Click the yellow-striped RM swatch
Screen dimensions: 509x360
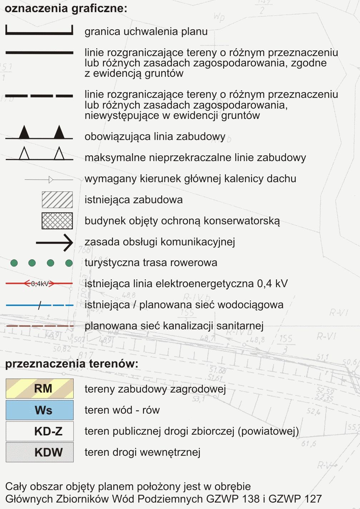click(x=39, y=389)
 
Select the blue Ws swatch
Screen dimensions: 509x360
click(x=39, y=410)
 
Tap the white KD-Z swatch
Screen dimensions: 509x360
click(x=39, y=431)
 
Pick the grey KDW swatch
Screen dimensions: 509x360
click(x=39, y=452)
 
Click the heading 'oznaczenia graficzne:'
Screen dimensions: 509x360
click(x=66, y=8)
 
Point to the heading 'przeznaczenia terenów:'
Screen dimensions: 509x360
click(x=71, y=364)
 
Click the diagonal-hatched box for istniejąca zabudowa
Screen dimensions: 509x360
click(x=57, y=200)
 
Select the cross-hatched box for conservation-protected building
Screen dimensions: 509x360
click(x=57, y=221)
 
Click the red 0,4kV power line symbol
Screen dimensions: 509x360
click(x=39, y=284)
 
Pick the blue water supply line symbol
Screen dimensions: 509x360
click(x=39, y=305)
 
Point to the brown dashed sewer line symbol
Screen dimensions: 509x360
click(x=39, y=326)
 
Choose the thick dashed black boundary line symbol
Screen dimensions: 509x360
click(x=39, y=96)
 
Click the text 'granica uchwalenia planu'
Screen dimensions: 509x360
click(x=146, y=31)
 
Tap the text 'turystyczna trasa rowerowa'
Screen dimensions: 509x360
click(x=151, y=263)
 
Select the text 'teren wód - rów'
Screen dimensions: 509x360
click(x=122, y=410)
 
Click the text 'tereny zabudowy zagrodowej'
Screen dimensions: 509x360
click(x=155, y=389)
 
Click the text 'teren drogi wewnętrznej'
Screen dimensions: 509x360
click(x=142, y=452)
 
